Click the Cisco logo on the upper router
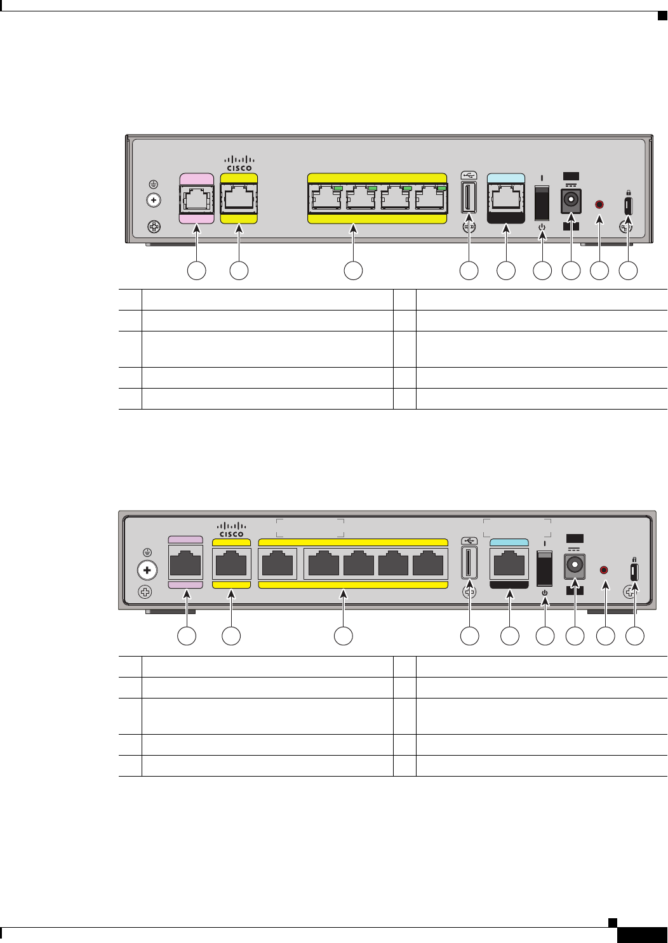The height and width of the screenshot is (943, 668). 239,163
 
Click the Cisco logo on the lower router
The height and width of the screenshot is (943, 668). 232,530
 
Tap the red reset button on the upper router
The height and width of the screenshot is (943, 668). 598,204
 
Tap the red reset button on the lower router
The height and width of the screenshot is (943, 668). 604,570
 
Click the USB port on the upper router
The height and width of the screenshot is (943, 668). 469,197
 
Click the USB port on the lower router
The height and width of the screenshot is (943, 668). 469,563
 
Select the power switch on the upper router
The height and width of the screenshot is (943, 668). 542,203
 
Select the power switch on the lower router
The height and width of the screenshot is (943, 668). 545,568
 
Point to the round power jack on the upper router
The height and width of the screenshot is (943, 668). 570,201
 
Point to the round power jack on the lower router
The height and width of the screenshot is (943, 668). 575,565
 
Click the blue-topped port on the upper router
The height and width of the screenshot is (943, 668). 505,199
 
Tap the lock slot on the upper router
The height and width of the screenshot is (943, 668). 628,206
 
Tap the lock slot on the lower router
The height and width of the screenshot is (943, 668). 634,572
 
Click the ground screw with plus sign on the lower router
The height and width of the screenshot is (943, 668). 147,570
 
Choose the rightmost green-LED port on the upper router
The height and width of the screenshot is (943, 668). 430,198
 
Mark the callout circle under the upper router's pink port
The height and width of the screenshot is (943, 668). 196,270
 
